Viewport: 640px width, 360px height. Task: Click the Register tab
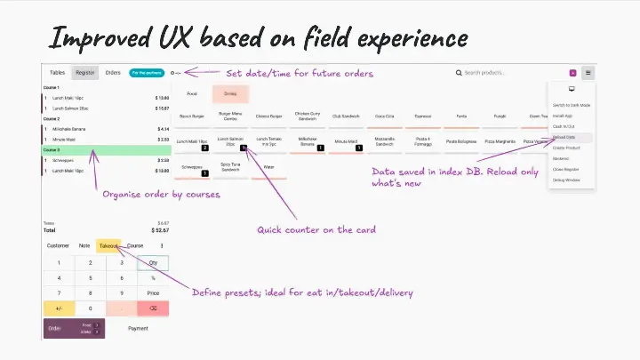point(85,72)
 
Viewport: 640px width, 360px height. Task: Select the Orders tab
point(113,72)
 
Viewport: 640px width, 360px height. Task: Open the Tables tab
point(57,72)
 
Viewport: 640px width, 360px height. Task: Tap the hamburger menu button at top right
point(588,73)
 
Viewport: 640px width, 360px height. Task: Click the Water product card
point(269,167)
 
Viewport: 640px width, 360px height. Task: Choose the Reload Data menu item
point(564,137)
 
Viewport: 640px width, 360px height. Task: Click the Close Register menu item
point(565,169)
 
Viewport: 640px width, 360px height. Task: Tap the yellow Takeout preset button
point(108,245)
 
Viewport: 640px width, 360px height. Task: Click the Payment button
point(138,328)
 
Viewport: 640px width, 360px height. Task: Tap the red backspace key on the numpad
point(153,308)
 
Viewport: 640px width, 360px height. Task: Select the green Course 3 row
point(106,150)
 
